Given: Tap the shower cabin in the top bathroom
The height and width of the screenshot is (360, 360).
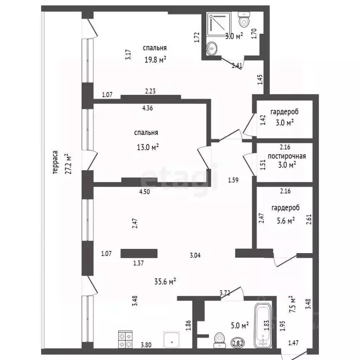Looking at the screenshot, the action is (x=218, y=24).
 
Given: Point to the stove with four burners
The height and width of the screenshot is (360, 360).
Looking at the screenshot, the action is (x=125, y=339).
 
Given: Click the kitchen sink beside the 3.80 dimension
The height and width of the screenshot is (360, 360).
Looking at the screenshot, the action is (x=172, y=339).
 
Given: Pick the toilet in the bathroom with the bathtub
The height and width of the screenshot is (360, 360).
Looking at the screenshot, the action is (x=219, y=340).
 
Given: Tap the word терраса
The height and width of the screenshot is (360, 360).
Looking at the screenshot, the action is (x=55, y=162).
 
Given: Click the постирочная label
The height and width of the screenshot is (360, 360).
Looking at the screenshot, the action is (x=287, y=156).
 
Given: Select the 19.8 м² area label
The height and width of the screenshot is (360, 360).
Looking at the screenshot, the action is (x=155, y=60).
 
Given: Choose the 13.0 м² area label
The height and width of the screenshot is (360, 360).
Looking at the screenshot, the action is (x=148, y=147).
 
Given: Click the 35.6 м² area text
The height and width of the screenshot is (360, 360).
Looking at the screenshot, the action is (x=165, y=281).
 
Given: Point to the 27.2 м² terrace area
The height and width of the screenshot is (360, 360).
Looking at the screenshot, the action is (x=68, y=164).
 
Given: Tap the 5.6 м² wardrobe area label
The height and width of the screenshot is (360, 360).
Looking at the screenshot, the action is (x=286, y=221).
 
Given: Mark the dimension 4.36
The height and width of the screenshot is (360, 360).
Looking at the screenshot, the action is (x=147, y=108).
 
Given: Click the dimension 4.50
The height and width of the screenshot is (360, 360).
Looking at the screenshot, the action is (x=144, y=191).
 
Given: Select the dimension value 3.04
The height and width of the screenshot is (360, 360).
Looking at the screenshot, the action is (x=195, y=255).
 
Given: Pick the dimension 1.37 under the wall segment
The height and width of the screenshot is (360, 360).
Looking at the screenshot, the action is (x=138, y=263).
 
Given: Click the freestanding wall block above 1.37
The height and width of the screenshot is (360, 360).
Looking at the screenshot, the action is (x=139, y=254).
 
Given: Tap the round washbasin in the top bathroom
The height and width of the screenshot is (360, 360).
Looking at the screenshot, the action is (x=211, y=48).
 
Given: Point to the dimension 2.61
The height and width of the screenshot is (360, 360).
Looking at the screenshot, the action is (x=309, y=219).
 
